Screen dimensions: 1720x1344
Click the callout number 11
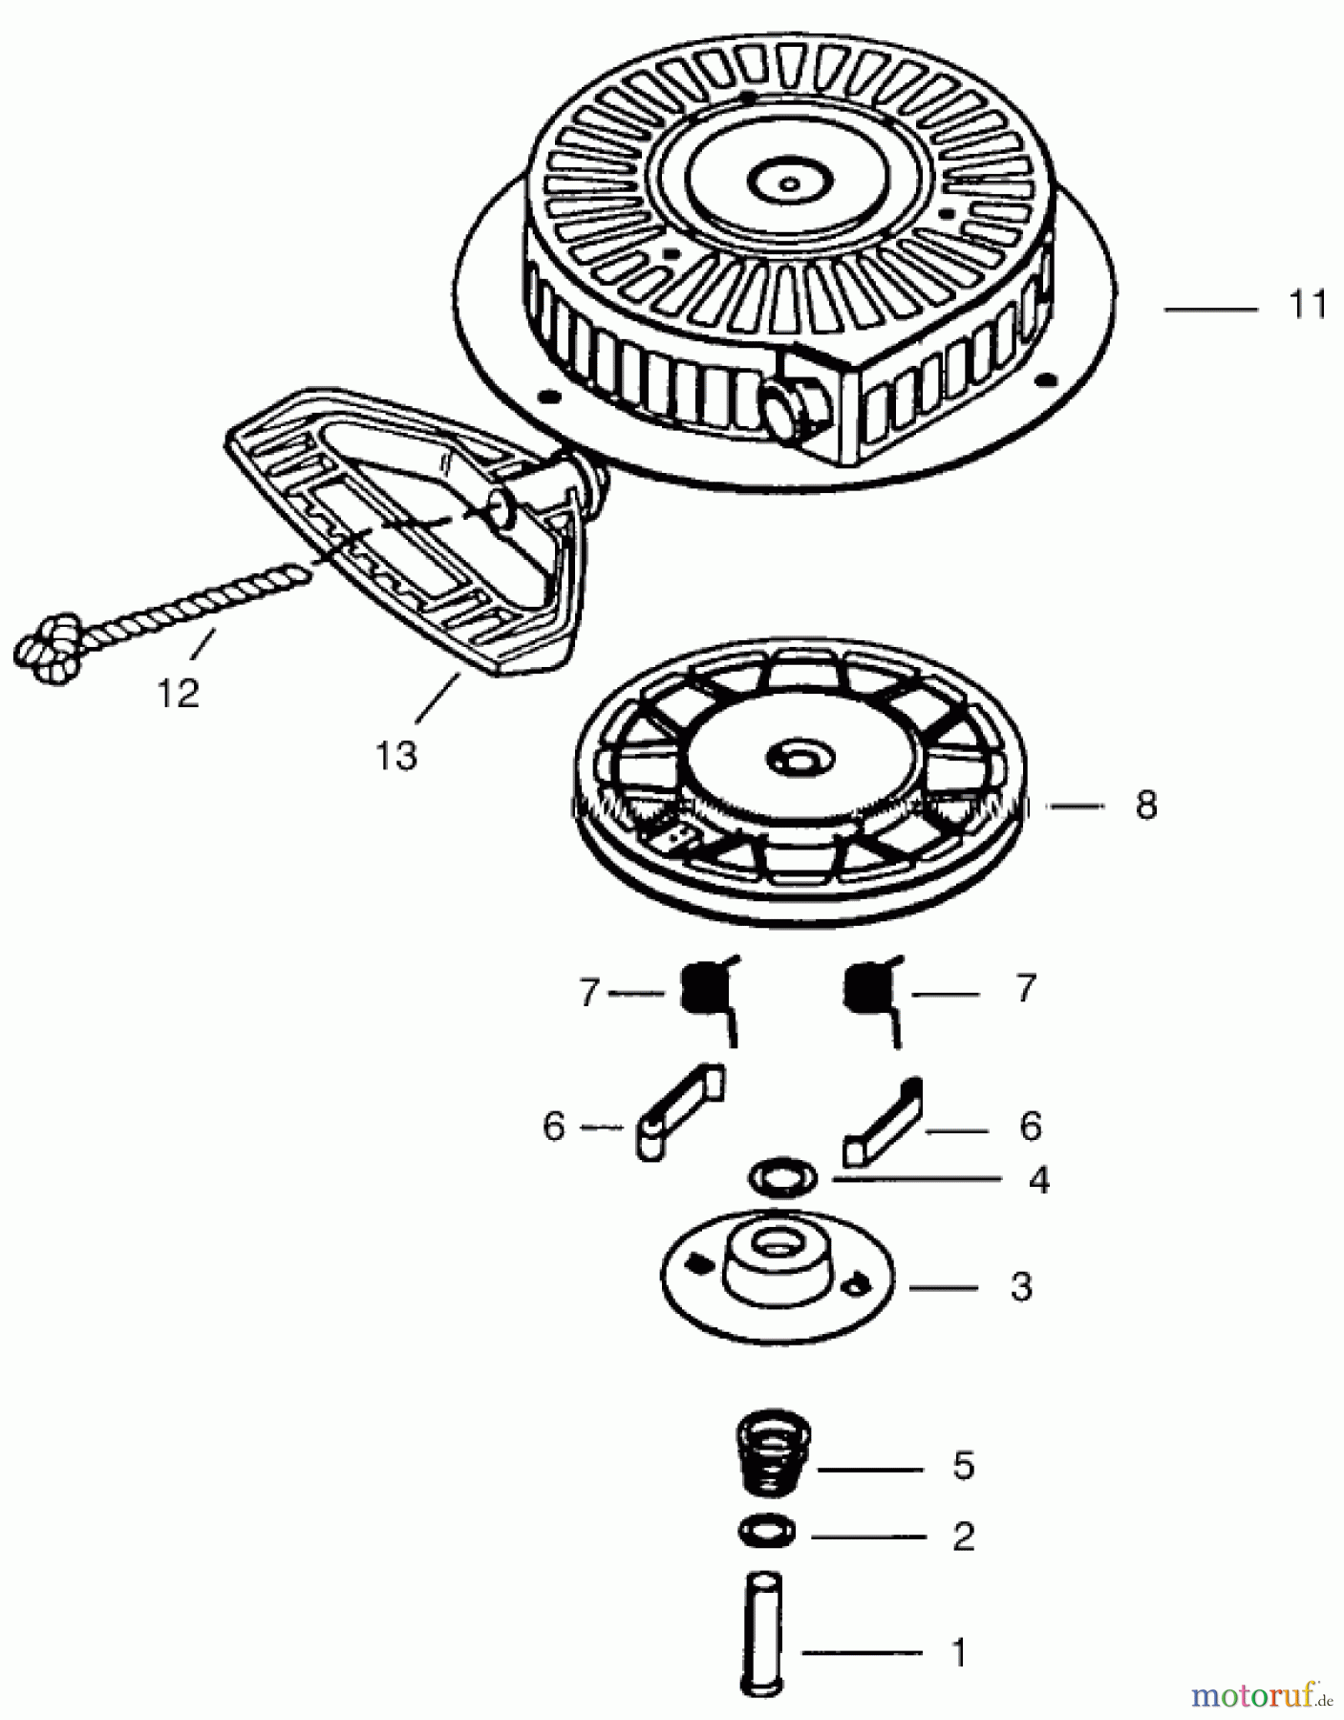point(1308,306)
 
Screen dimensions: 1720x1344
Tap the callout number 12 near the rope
point(179,693)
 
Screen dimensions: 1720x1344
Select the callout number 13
point(395,757)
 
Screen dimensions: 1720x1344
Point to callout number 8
point(1146,806)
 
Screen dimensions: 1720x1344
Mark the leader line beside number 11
point(1210,309)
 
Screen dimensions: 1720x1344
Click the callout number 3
point(1021,1287)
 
